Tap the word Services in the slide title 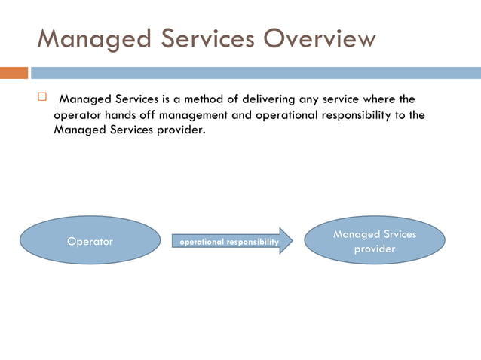[195, 38]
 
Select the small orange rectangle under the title [14, 73]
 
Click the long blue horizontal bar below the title [256, 73]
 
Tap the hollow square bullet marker [42, 97]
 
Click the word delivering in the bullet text [269, 99]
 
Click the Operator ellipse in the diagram [90, 241]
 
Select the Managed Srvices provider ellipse [375, 241]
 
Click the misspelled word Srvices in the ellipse [395, 234]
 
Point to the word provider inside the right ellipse [375, 249]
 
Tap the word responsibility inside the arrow [252, 242]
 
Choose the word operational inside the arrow [201, 242]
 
